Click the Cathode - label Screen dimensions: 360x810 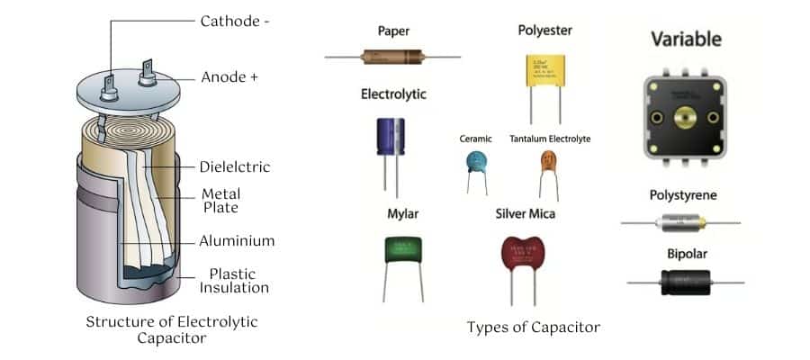click(x=235, y=21)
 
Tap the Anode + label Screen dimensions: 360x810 click(x=229, y=77)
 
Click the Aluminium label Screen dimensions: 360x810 click(x=238, y=240)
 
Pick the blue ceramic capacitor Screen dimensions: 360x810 click(x=476, y=162)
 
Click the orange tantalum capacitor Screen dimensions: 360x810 click(x=549, y=161)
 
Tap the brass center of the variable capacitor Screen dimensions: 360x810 click(x=682, y=117)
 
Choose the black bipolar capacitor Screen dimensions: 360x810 click(x=685, y=282)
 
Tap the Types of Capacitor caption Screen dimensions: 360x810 click(x=533, y=327)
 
